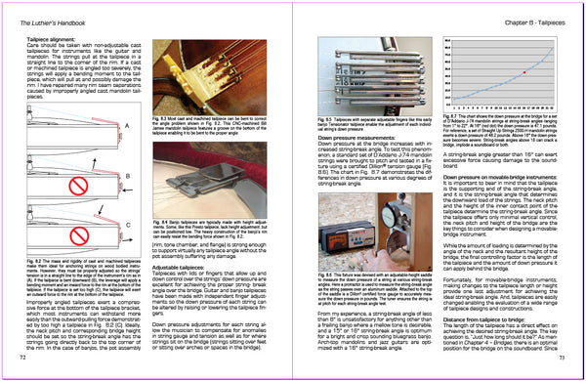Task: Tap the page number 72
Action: click(x=21, y=361)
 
